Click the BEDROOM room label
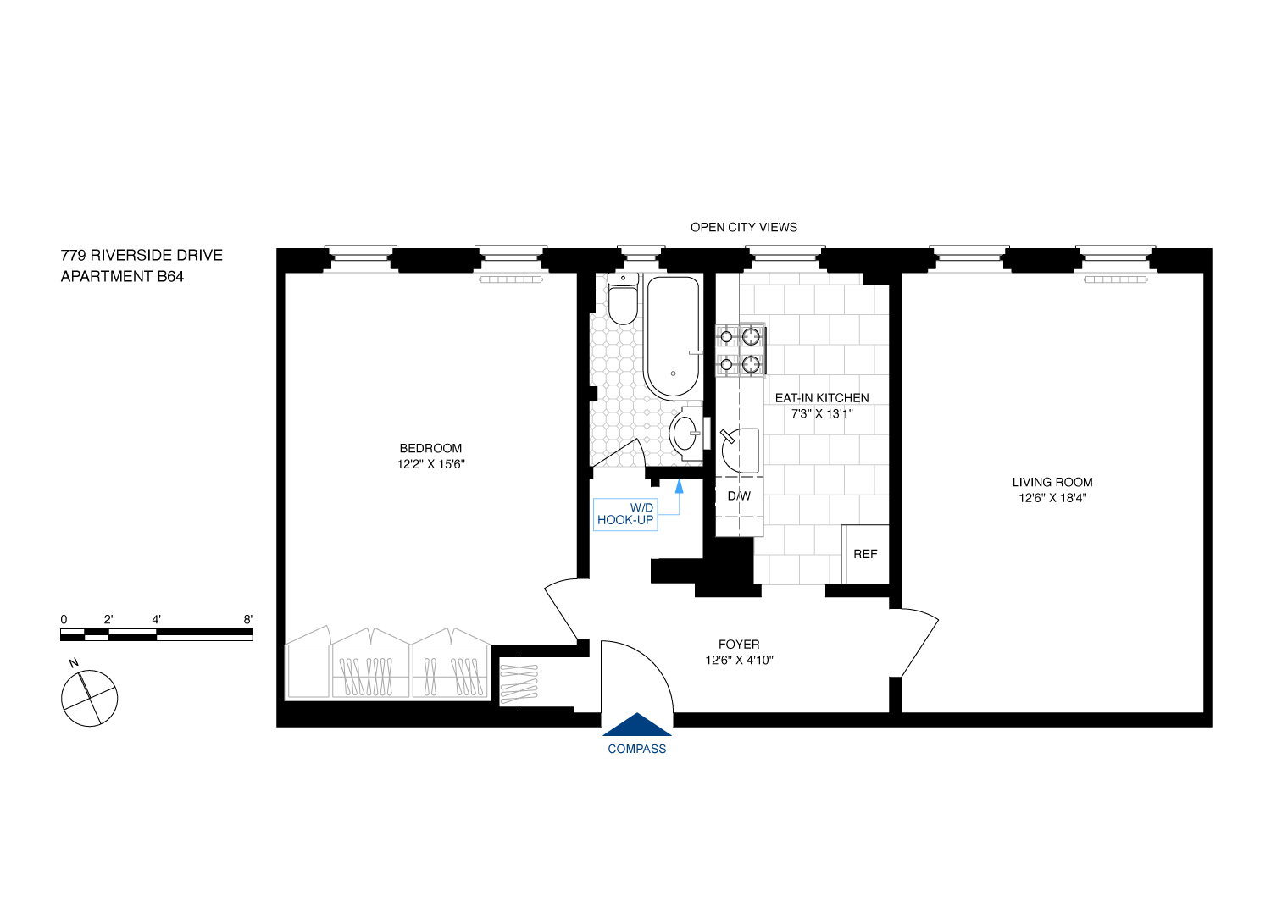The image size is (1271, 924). pos(430,448)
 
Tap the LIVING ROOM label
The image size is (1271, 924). pos(1052,482)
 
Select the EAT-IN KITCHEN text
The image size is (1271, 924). pos(821,397)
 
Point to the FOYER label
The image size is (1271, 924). pos(739,645)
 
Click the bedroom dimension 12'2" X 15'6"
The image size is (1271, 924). pos(430,464)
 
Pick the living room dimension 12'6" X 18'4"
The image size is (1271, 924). pos(1052,498)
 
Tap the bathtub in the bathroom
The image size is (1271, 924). pos(673,336)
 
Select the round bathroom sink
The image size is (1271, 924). pos(685,433)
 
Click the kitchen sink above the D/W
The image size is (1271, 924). pos(739,451)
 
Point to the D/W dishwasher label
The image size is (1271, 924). pos(739,496)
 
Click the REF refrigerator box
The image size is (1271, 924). pos(865,554)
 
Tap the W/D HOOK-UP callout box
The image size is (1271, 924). pos(625,514)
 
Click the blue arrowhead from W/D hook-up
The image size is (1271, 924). pos(679,486)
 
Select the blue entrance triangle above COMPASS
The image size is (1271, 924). pos(637,725)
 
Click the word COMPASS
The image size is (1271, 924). pos(637,749)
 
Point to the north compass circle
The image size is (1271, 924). pos(89,698)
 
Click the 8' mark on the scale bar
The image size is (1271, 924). pos(248,619)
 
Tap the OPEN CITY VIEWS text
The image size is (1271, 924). pos(743,227)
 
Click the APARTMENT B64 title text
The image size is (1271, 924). pos(122,276)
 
